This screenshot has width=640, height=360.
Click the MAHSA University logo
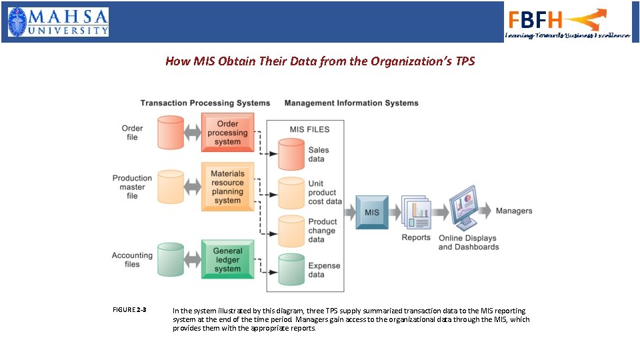coord(58,21)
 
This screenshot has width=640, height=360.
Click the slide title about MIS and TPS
coord(320,61)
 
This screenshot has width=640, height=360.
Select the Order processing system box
coord(227,133)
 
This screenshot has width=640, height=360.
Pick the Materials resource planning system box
coord(227,187)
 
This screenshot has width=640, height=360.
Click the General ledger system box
coord(227,259)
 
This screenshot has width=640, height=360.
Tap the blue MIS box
coord(371,212)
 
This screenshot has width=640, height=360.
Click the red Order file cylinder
coord(171,133)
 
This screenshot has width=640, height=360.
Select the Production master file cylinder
coord(171,187)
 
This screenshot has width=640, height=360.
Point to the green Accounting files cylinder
coord(171,259)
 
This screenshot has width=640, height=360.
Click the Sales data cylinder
coord(291,155)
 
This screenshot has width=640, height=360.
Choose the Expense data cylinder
coord(291,269)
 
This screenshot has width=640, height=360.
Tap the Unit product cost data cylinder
coord(291,193)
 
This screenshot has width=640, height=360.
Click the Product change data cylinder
coord(291,231)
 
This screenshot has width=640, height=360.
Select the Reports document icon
coord(416,212)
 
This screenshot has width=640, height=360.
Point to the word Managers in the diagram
coord(514,211)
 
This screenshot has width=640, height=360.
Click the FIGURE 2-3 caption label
coord(129,310)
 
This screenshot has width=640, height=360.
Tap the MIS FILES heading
coord(309,129)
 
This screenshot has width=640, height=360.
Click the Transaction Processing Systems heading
coord(205,103)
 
